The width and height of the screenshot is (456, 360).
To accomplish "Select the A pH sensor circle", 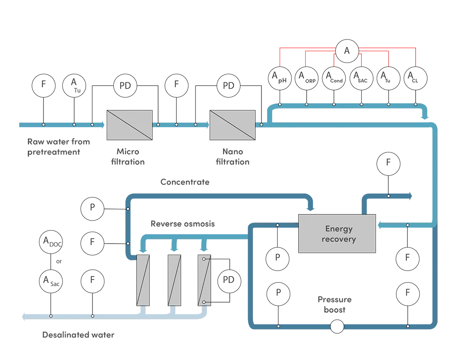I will pos(280,78).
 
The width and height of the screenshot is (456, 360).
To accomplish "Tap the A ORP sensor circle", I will pos(307,78).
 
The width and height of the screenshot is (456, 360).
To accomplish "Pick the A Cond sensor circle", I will pos(334,78).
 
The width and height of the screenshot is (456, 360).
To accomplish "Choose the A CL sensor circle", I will pos(416,78).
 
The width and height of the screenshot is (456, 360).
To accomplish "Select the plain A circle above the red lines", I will pos(347,51).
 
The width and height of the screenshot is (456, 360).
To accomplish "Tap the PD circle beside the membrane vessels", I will pos(228,280).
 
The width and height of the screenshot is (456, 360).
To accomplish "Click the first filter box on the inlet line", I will pos(129,125).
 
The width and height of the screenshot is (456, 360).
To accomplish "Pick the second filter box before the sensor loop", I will pos(232,125).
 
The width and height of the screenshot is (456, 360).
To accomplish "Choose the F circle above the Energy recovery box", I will pos(388,163).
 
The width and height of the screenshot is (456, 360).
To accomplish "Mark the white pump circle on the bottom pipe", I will pos(337,326).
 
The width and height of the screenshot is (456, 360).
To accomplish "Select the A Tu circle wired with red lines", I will pos(389,78).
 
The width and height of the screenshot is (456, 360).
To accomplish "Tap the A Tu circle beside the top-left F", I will pos(75,85).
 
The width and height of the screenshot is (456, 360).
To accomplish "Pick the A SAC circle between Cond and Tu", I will pos(362,78).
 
